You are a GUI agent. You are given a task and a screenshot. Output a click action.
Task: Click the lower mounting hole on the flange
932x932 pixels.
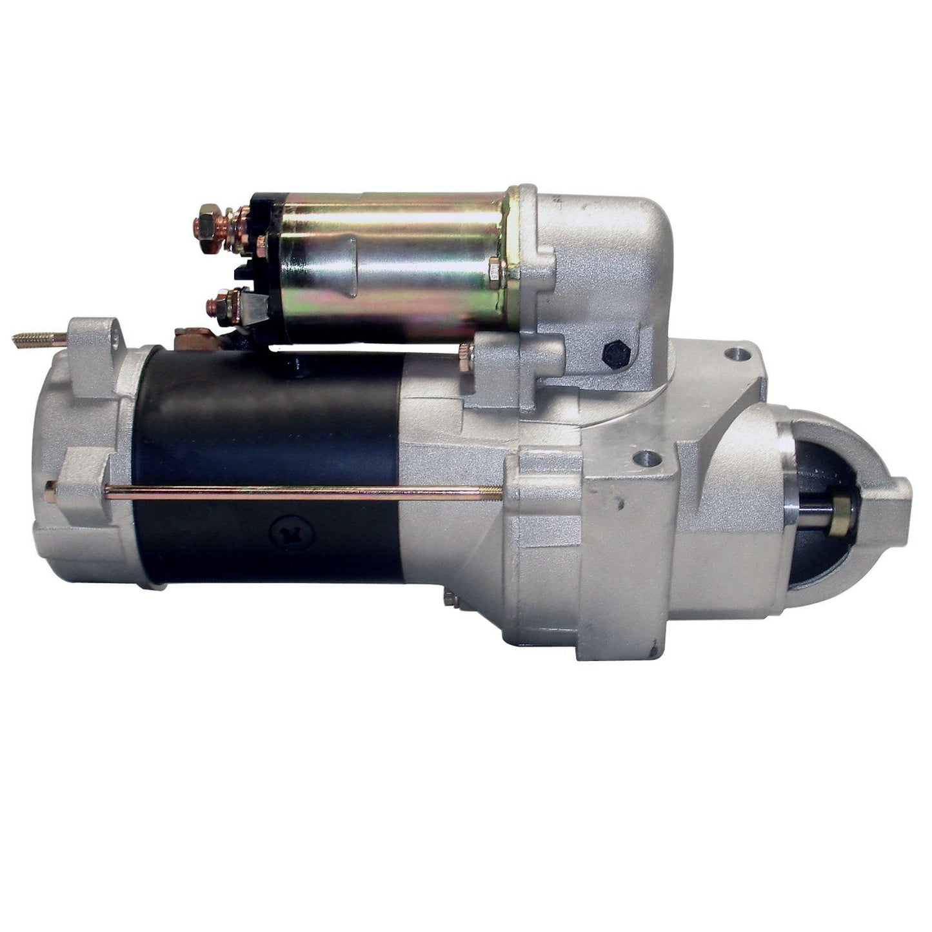click(646, 460)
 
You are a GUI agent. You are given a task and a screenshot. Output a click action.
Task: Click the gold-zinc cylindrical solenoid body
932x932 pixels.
click(393, 258)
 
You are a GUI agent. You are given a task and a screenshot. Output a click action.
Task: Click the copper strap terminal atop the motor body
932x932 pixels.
click(195, 335)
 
